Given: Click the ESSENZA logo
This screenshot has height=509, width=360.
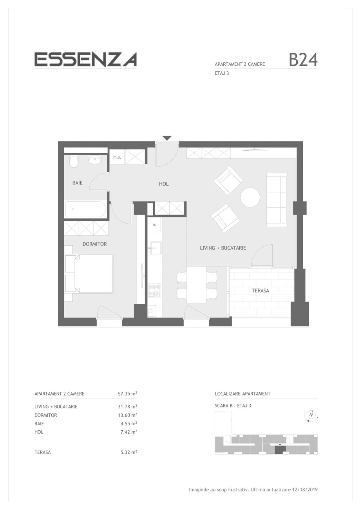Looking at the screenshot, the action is [85, 60].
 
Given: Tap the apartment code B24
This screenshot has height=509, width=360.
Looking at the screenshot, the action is [303, 60].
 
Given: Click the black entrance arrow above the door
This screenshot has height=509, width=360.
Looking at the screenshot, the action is [167, 138].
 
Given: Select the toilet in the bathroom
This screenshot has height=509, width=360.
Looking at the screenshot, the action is [74, 161].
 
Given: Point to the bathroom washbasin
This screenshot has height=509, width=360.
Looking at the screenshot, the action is [96, 159].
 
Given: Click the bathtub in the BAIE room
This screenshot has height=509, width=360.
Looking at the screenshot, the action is [85, 209].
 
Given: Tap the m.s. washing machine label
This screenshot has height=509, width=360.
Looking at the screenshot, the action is [117, 157].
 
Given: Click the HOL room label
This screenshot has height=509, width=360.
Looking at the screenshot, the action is [164, 184].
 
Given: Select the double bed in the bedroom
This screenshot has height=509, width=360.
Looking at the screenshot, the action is [89, 273].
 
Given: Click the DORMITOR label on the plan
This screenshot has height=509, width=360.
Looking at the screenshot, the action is [94, 244].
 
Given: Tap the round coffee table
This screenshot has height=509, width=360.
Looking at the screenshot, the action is [250, 197].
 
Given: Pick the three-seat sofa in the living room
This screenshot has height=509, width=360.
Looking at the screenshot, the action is [277, 200].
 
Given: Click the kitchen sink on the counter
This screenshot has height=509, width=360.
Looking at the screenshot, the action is [155, 248].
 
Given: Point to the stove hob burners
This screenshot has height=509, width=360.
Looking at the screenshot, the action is [155, 291].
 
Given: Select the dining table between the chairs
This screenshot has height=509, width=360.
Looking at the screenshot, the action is [196, 284].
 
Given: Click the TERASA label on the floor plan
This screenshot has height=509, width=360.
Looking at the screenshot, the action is [260, 291].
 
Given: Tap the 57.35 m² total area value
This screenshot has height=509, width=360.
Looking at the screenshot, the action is [127, 393].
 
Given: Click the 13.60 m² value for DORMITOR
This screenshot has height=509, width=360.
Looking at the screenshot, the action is [127, 415].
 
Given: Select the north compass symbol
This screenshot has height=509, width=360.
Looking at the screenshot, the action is [311, 415].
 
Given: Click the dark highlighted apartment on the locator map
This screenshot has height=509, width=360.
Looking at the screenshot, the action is [280, 450].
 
